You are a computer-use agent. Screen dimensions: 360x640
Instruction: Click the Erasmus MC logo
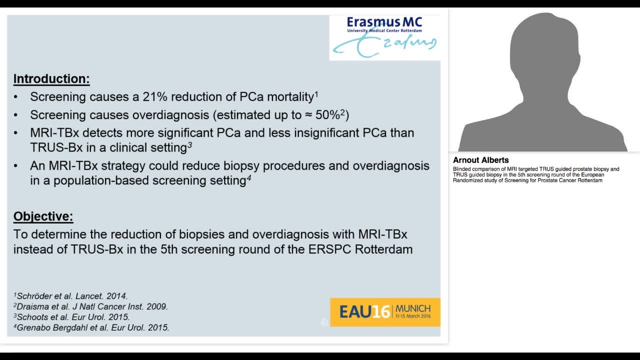[384, 37]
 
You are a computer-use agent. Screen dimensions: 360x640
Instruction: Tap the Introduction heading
[51, 79]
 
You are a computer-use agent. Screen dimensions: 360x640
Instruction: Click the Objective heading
[43, 216]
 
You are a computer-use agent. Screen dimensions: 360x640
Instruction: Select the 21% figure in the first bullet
[155, 97]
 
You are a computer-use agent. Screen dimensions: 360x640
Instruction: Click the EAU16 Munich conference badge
[385, 312]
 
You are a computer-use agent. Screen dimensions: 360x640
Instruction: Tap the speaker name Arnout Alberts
[480, 160]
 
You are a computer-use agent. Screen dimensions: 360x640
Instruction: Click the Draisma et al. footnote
[90, 306]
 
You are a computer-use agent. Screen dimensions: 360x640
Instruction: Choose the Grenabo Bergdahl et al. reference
[91, 328]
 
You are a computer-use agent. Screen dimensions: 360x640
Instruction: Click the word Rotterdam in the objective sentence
[383, 249]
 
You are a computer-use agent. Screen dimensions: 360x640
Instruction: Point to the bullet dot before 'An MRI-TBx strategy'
[16, 166]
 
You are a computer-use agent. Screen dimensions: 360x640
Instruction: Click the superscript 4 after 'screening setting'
[248, 177]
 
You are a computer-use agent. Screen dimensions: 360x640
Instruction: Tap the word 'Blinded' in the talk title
[461, 169]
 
